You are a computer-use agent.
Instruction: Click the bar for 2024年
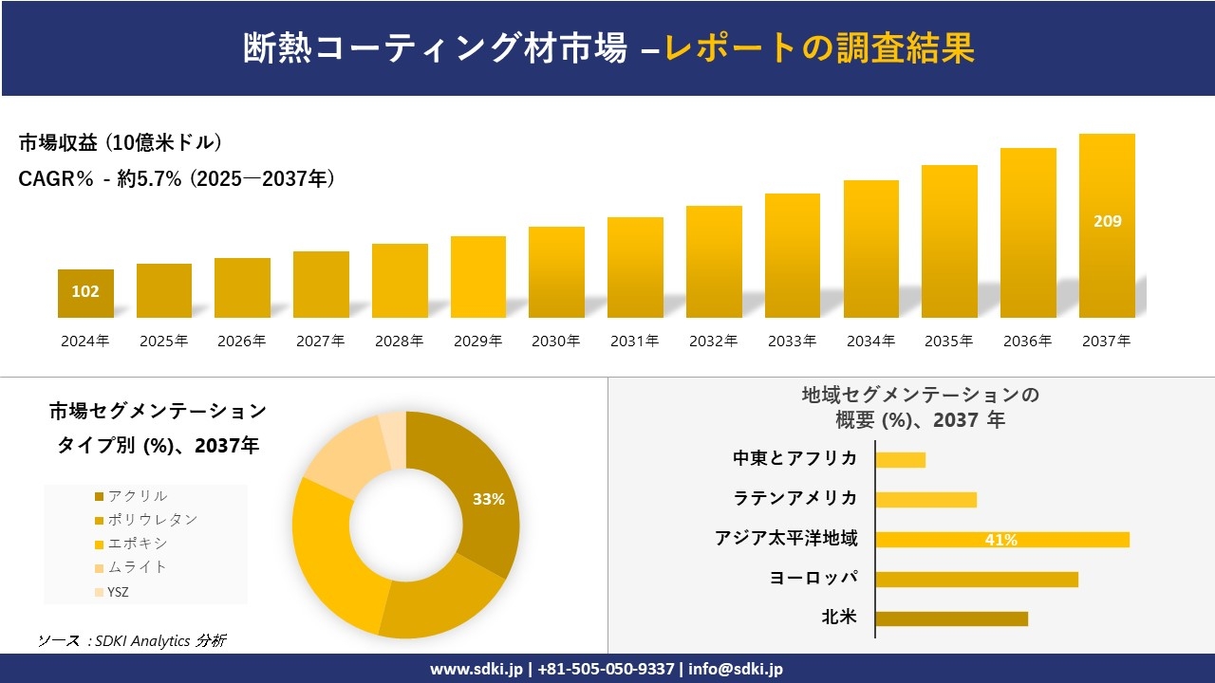pyautogui.click(x=85, y=293)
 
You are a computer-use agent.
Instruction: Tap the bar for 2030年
pyautogui.click(x=556, y=272)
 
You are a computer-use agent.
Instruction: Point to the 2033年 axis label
pyautogui.click(x=792, y=341)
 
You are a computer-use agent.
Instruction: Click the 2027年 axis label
pyautogui.click(x=320, y=341)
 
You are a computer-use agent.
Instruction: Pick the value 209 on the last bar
pyautogui.click(x=1107, y=221)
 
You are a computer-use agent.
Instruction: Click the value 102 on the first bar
pyautogui.click(x=85, y=291)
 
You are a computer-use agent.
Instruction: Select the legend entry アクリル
pyautogui.click(x=138, y=496)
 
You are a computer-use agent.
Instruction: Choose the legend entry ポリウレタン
pyautogui.click(x=152, y=520)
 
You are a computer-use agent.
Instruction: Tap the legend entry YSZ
pyautogui.click(x=119, y=591)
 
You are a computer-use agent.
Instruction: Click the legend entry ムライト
pyautogui.click(x=138, y=567)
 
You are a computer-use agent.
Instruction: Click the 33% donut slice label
pyautogui.click(x=489, y=499)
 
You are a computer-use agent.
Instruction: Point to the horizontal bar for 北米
pyautogui.click(x=951, y=618)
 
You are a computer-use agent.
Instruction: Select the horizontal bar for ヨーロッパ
pyautogui.click(x=977, y=579)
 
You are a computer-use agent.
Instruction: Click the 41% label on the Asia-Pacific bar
pyautogui.click(x=1000, y=540)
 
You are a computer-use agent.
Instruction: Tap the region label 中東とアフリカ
pyautogui.click(x=794, y=458)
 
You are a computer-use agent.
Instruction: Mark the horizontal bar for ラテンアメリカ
pyautogui.click(x=925, y=499)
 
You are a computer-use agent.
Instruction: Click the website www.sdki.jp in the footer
pyautogui.click(x=477, y=669)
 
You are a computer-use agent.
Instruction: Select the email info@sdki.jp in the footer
pyautogui.click(x=737, y=669)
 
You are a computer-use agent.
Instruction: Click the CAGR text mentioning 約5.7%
pyautogui.click(x=177, y=178)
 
